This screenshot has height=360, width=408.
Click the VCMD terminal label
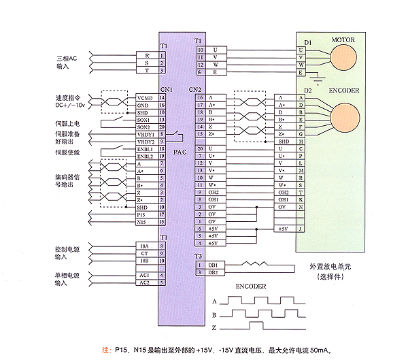click(144, 97)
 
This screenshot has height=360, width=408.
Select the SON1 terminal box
click(144, 120)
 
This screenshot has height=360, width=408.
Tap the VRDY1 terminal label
click(144, 135)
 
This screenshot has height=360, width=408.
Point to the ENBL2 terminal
click(144, 157)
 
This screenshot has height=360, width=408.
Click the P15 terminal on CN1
click(142, 214)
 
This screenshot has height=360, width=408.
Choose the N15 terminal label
click(142, 222)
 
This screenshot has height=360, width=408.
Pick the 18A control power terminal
click(144, 246)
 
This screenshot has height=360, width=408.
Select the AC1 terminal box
click(144, 275)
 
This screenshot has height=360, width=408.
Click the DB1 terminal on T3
click(212, 265)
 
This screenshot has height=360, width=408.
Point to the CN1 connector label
click(166, 89)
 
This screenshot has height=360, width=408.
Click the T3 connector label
click(198, 255)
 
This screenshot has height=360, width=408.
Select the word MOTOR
click(343, 40)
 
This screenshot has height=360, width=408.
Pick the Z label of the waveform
click(216, 329)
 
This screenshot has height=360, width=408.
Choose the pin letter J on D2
click(301, 229)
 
